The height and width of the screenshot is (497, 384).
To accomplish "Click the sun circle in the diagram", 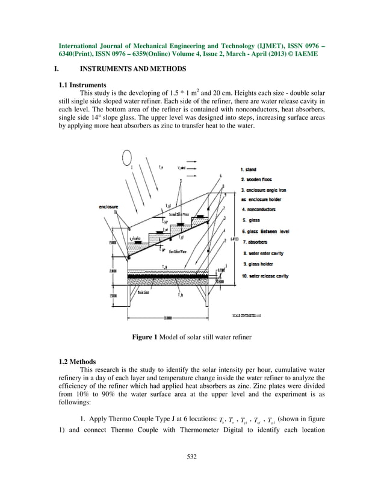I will coord(128,158).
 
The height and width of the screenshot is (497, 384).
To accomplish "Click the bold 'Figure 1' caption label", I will coord(144,337).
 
